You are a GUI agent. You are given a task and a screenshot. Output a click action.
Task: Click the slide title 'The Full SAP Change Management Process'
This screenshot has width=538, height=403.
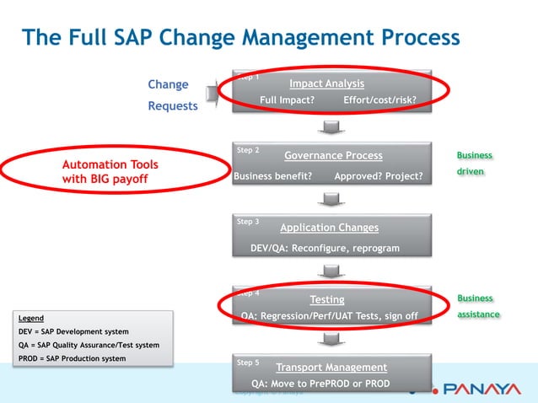coord(240,38)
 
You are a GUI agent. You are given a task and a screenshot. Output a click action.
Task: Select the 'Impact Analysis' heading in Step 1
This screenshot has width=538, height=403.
coord(326,83)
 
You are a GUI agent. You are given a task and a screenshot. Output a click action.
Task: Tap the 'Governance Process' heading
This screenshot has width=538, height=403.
coord(333,155)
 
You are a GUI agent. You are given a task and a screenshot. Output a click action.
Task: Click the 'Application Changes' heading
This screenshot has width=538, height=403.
coord(329,228)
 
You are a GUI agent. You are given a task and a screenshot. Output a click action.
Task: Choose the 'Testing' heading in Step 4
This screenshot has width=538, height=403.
coord(327,299)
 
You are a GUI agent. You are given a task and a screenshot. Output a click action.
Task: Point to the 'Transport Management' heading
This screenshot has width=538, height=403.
coord(331,368)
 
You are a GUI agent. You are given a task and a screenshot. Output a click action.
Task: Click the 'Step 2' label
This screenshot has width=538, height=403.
coord(248,150)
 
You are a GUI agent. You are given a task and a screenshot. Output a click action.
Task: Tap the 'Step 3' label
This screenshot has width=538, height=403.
coord(248,222)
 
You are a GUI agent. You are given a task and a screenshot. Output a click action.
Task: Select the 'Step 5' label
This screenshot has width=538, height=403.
coord(248,363)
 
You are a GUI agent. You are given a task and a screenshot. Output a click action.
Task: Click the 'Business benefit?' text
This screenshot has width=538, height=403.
coord(272,176)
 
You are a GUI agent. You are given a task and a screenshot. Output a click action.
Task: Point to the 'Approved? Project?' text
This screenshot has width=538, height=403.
coord(378,176)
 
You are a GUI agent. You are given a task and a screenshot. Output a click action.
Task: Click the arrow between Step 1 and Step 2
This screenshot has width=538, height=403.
coord(330,127)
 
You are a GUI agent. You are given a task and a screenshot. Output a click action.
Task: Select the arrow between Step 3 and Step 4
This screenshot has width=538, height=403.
coord(330,271)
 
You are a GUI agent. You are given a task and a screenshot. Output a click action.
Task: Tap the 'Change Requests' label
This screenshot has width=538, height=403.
coord(172,95)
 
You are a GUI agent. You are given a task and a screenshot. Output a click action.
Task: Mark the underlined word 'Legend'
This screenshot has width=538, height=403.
coord(31,318)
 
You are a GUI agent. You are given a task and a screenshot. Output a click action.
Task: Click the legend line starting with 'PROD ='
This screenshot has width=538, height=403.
coord(72,358)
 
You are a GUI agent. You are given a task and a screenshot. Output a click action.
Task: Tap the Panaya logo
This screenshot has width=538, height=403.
coord(476,390)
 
